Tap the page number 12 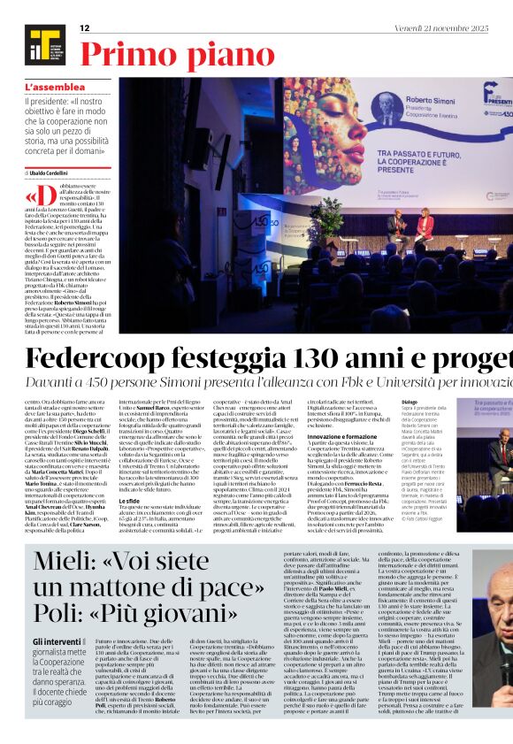(x=85, y=28)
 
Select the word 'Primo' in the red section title (x=125, y=57)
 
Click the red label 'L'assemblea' (x=56, y=88)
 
